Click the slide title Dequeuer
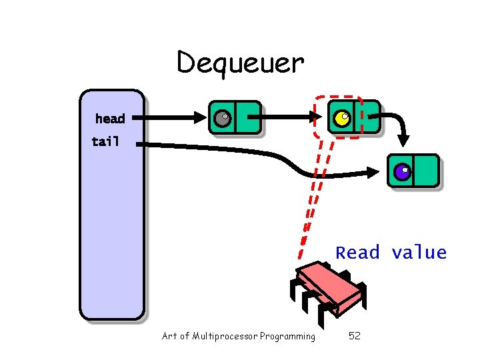pyautogui.click(x=240, y=63)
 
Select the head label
pyautogui.click(x=110, y=119)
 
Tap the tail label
pyautogui.click(x=105, y=141)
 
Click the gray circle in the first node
pyautogui.click(x=222, y=119)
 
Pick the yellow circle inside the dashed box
pyautogui.click(x=341, y=119)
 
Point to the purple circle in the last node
pyautogui.click(x=401, y=172)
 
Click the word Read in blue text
pyautogui.click(x=357, y=253)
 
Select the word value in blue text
pyautogui.click(x=419, y=253)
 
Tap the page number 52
pyautogui.click(x=355, y=336)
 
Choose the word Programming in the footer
pyautogui.click(x=288, y=336)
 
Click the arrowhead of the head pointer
pyautogui.click(x=201, y=118)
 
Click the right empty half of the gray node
pyautogui.click(x=247, y=118)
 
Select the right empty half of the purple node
pyautogui.click(x=425, y=171)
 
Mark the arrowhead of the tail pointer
pyautogui.click(x=380, y=175)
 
